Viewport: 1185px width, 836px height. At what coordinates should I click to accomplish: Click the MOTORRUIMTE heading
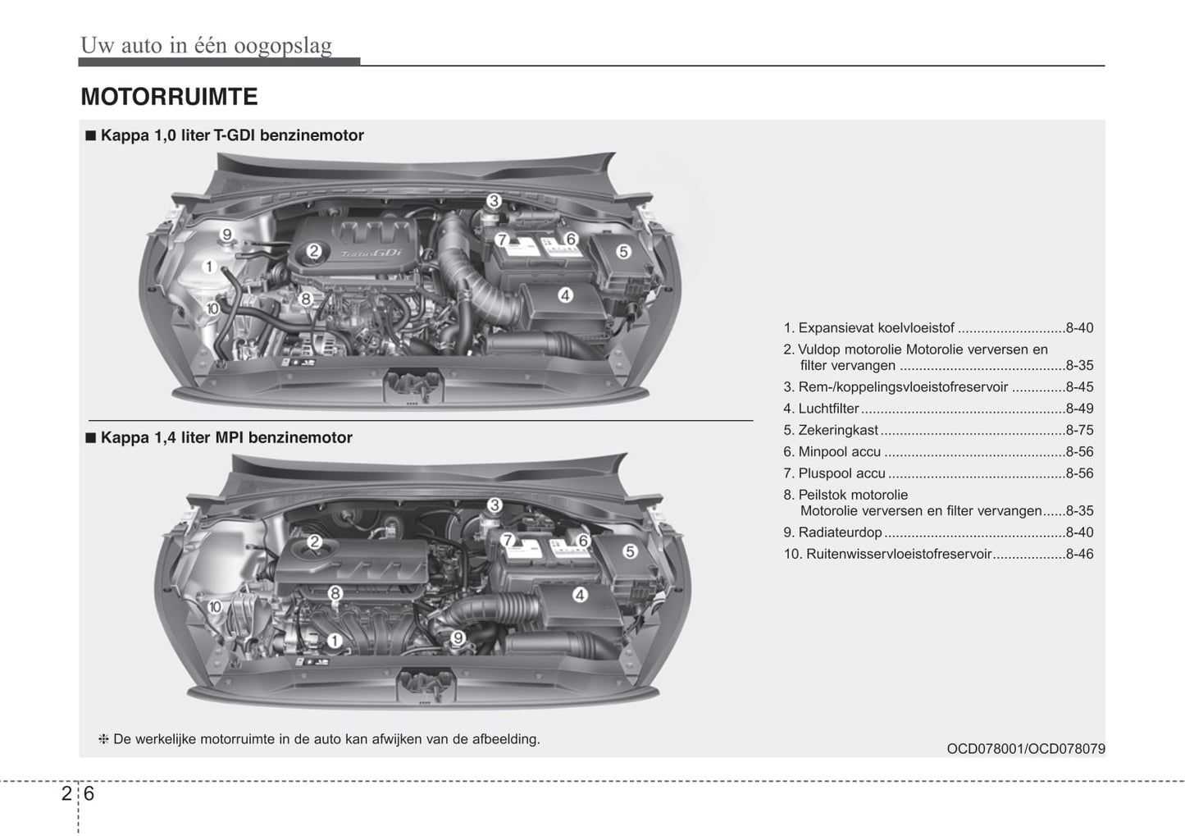(x=169, y=97)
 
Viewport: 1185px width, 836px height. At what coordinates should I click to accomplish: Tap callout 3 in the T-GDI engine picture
(x=494, y=201)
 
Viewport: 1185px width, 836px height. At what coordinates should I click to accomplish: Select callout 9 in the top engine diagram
(x=226, y=235)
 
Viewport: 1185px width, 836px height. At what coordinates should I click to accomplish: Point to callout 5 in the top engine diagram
(x=623, y=252)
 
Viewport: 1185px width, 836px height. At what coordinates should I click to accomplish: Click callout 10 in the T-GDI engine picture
(x=212, y=308)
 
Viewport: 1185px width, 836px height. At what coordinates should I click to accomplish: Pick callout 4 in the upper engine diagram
(x=565, y=295)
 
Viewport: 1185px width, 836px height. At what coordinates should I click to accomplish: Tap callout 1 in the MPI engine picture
(x=335, y=641)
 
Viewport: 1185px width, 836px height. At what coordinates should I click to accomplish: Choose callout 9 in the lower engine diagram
(x=458, y=637)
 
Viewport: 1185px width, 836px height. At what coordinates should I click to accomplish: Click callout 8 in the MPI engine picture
(x=335, y=592)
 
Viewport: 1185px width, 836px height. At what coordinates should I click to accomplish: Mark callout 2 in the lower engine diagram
(x=314, y=541)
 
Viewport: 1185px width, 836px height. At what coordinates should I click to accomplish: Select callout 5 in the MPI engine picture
(x=630, y=551)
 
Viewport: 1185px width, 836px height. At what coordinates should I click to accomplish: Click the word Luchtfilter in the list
(x=828, y=409)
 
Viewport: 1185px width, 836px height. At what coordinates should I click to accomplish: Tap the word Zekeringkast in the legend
(x=837, y=430)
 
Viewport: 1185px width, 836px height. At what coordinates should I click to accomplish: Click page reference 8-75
(x=1079, y=430)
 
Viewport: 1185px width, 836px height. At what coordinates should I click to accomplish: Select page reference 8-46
(x=1079, y=554)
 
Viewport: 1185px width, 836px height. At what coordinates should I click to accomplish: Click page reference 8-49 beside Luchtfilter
(x=1079, y=409)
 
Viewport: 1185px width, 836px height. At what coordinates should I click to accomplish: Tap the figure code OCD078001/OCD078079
(x=1025, y=749)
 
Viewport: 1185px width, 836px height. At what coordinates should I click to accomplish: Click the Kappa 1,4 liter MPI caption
(x=226, y=437)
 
